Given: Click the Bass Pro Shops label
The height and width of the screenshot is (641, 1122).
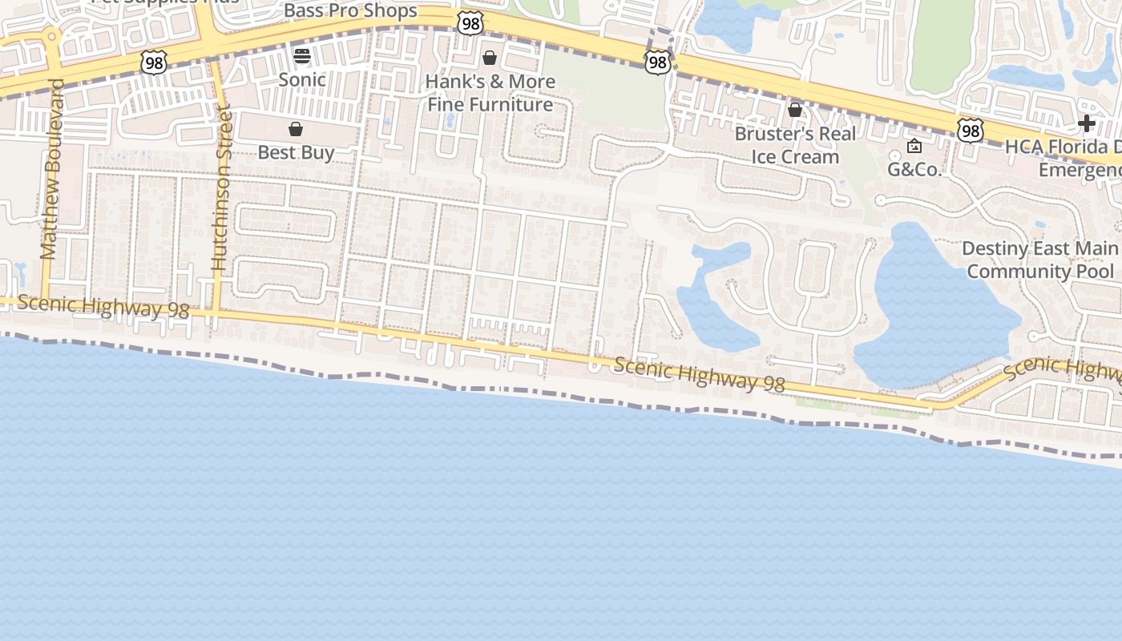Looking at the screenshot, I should (350, 11).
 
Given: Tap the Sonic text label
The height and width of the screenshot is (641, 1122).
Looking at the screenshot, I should (302, 79).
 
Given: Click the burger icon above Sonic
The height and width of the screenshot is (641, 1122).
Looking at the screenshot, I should (302, 55).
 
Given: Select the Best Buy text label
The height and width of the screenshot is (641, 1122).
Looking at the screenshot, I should (296, 152).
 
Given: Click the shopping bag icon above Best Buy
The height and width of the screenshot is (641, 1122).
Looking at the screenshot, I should (296, 129).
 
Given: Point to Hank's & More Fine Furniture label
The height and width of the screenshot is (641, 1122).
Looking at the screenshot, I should (490, 93).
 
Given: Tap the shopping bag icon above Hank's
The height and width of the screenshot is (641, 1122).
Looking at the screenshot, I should (490, 58).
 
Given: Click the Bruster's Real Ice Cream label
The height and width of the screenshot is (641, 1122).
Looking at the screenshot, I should (795, 145).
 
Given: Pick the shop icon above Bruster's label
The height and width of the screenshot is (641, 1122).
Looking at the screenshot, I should (795, 110).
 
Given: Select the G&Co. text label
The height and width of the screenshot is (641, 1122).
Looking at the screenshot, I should (914, 169).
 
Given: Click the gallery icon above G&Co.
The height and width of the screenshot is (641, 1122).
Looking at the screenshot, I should (914, 146).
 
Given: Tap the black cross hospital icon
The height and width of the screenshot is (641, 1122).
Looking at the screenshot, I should (1086, 123).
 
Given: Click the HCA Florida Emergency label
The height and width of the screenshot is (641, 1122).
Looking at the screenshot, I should (1063, 159).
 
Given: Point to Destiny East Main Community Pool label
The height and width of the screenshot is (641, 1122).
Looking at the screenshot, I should (1039, 260).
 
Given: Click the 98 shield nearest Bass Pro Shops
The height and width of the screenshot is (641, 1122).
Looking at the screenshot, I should (470, 24).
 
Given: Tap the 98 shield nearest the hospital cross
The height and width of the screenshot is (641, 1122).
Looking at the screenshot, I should (970, 131).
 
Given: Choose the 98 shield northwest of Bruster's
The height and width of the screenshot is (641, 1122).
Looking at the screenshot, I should (657, 62).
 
